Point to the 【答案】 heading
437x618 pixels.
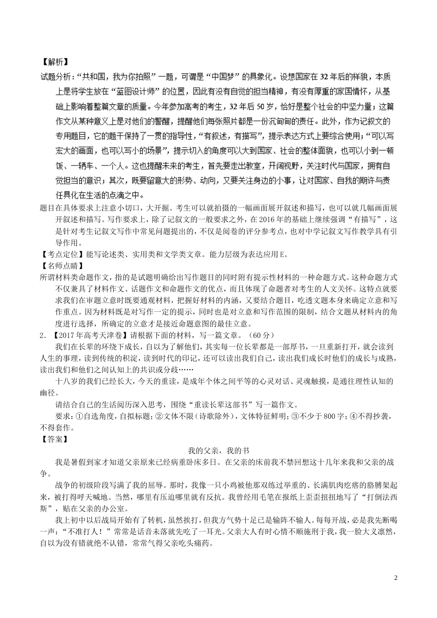55,439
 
